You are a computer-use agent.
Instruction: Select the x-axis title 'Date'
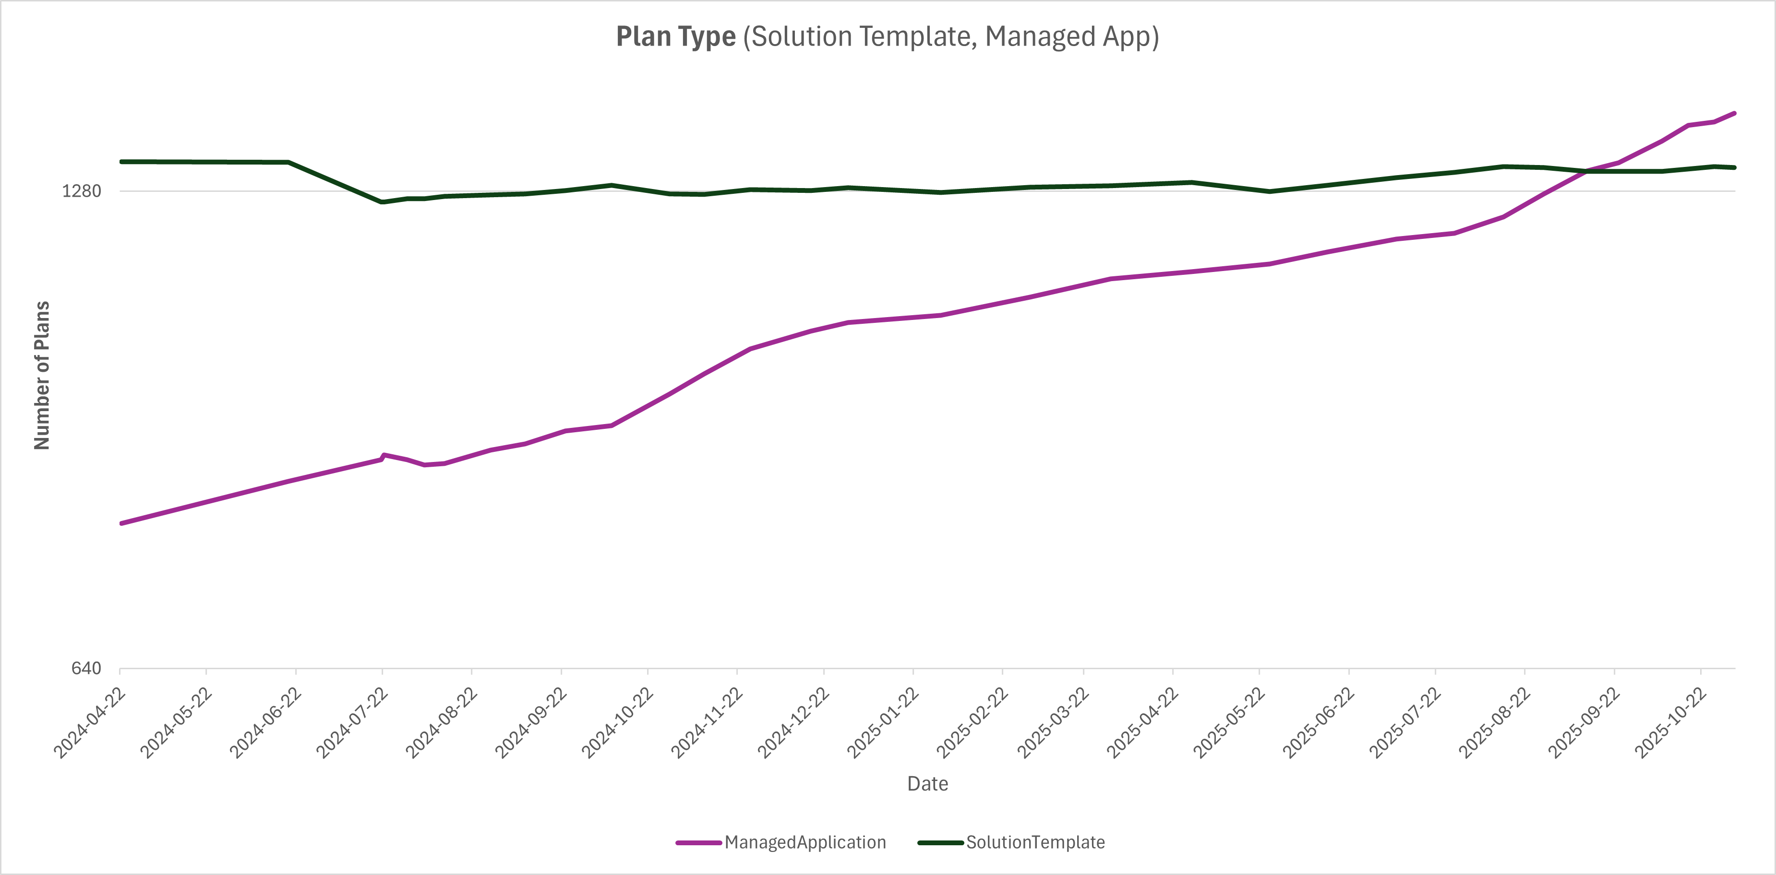click(x=927, y=784)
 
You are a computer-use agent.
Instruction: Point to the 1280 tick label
click(x=81, y=191)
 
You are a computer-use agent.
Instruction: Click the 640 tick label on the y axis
click(x=86, y=668)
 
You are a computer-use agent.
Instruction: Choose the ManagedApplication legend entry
click(x=804, y=842)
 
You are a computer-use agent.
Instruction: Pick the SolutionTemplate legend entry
click(x=1035, y=842)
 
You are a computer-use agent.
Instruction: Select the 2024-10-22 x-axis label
click(x=618, y=722)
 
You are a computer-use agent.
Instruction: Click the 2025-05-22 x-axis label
click(x=1230, y=722)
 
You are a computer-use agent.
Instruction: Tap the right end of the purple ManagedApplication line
click(x=1734, y=113)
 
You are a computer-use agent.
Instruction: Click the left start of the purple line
click(x=122, y=523)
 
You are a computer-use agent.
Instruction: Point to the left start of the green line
click(x=122, y=162)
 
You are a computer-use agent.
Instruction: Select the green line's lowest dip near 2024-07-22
click(x=382, y=202)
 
